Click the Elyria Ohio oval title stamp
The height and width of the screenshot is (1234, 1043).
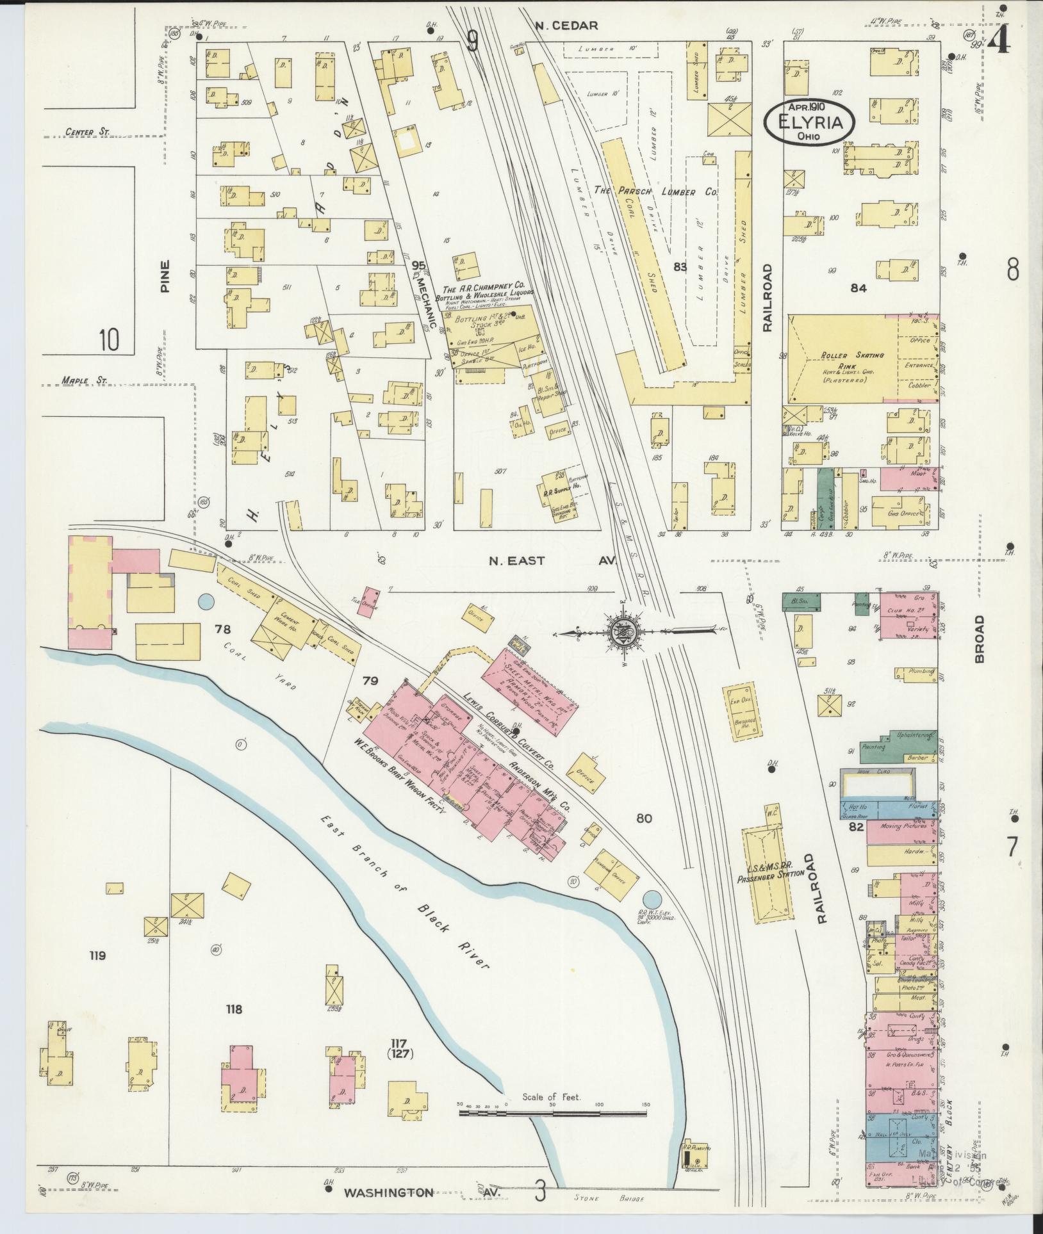tap(809, 120)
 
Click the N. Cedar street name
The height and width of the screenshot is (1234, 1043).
tap(566, 26)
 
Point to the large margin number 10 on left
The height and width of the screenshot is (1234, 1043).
tap(109, 339)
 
